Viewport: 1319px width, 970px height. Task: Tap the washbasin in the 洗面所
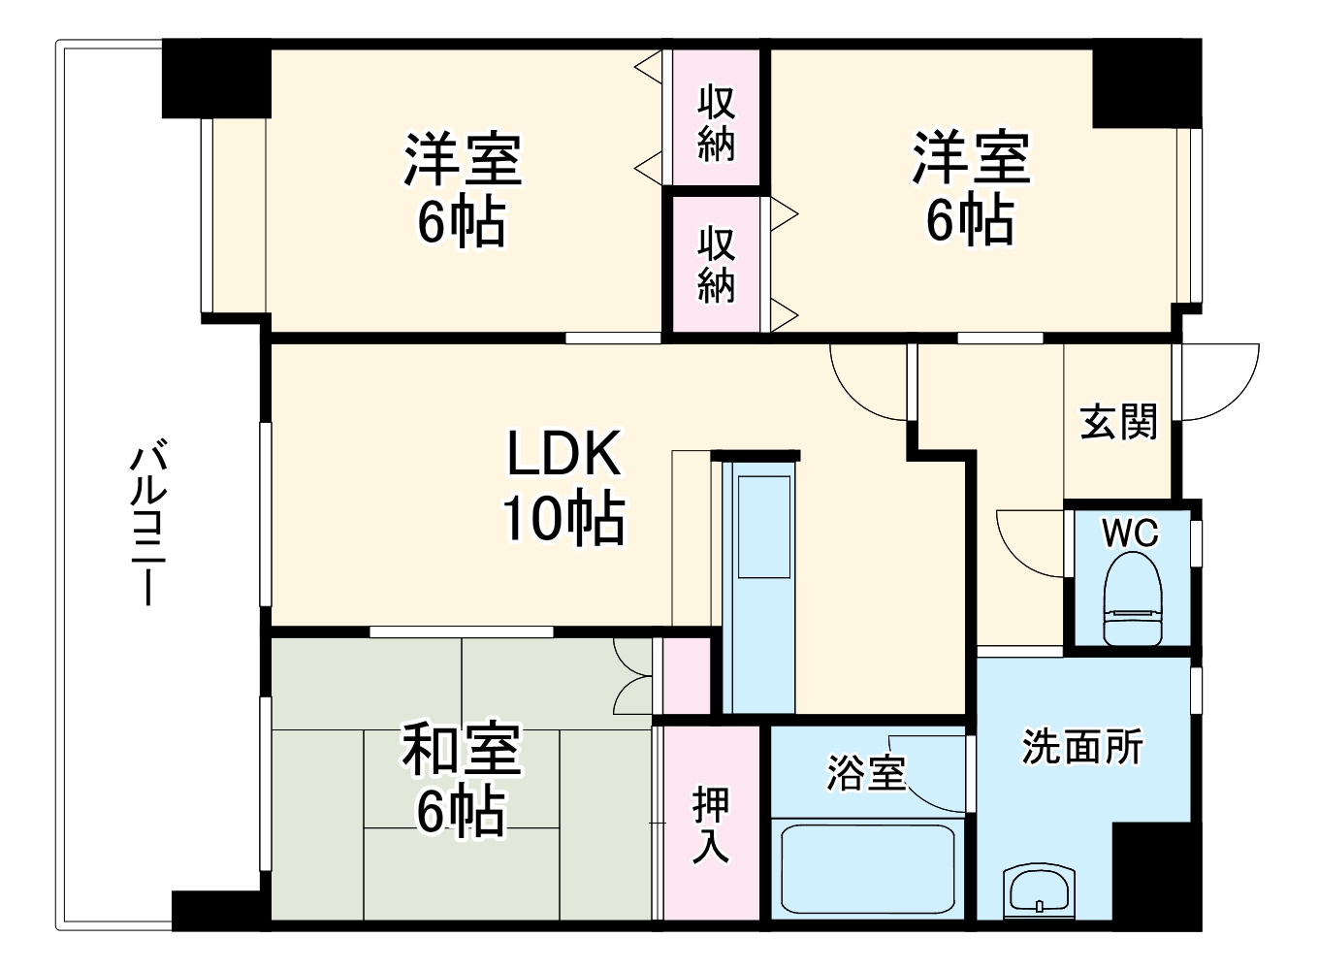(x=1039, y=889)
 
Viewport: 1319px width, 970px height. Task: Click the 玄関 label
(x=1118, y=422)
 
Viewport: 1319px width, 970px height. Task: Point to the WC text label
(x=1130, y=533)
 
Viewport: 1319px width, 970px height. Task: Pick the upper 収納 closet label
(x=717, y=122)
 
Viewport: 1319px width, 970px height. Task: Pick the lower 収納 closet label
(x=717, y=264)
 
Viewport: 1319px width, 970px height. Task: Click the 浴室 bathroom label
(x=865, y=773)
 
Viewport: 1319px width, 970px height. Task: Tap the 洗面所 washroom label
(x=1082, y=747)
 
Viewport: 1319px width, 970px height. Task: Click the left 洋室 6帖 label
(x=463, y=189)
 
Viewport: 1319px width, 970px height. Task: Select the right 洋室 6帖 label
(x=970, y=189)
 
